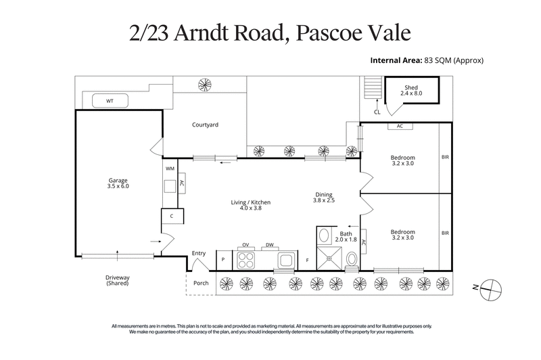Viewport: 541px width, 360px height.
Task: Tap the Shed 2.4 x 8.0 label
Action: (x=411, y=91)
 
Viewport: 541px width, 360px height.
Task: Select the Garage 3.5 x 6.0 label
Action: (x=118, y=183)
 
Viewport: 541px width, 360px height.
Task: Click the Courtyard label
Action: (x=205, y=125)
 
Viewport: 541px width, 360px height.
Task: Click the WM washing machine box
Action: (x=170, y=168)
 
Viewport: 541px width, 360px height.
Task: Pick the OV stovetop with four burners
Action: (x=247, y=259)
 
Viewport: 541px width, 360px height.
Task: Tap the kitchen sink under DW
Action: (x=285, y=259)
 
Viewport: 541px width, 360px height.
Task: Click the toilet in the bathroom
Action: (x=352, y=259)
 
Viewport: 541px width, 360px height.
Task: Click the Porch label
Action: (x=201, y=283)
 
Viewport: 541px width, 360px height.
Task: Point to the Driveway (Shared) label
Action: (x=117, y=280)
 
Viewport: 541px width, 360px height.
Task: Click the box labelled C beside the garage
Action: (x=172, y=217)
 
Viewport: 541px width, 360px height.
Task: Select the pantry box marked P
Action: (x=223, y=260)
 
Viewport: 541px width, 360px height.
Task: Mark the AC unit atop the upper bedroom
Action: (x=400, y=127)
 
